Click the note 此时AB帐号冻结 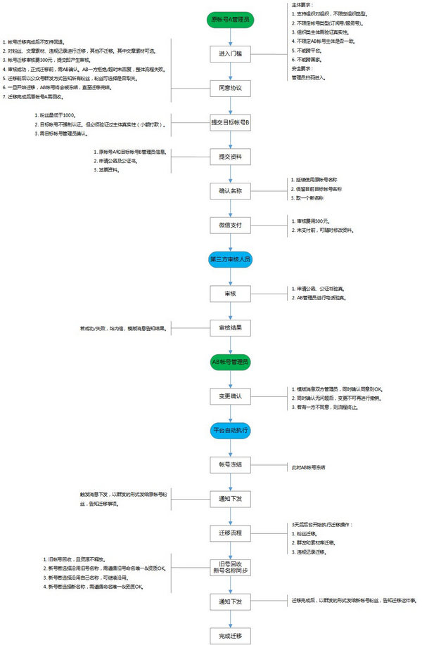coord(309,467)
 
